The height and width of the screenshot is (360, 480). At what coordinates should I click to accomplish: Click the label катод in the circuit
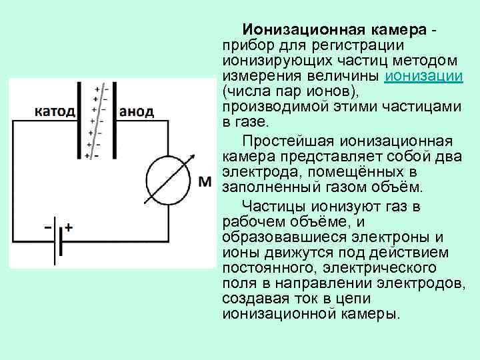(54, 111)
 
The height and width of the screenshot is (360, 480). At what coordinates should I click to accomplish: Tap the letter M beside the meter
(205, 181)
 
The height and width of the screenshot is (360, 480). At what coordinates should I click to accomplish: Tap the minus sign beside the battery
(48, 227)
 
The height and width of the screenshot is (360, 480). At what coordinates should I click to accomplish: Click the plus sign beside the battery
(69, 227)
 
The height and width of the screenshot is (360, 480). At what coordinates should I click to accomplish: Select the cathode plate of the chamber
(79, 120)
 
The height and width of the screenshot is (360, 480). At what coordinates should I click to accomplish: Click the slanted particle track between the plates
(97, 120)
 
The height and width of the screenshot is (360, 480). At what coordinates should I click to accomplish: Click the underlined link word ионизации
(424, 75)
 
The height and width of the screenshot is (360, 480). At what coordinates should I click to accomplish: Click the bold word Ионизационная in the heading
(297, 30)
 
